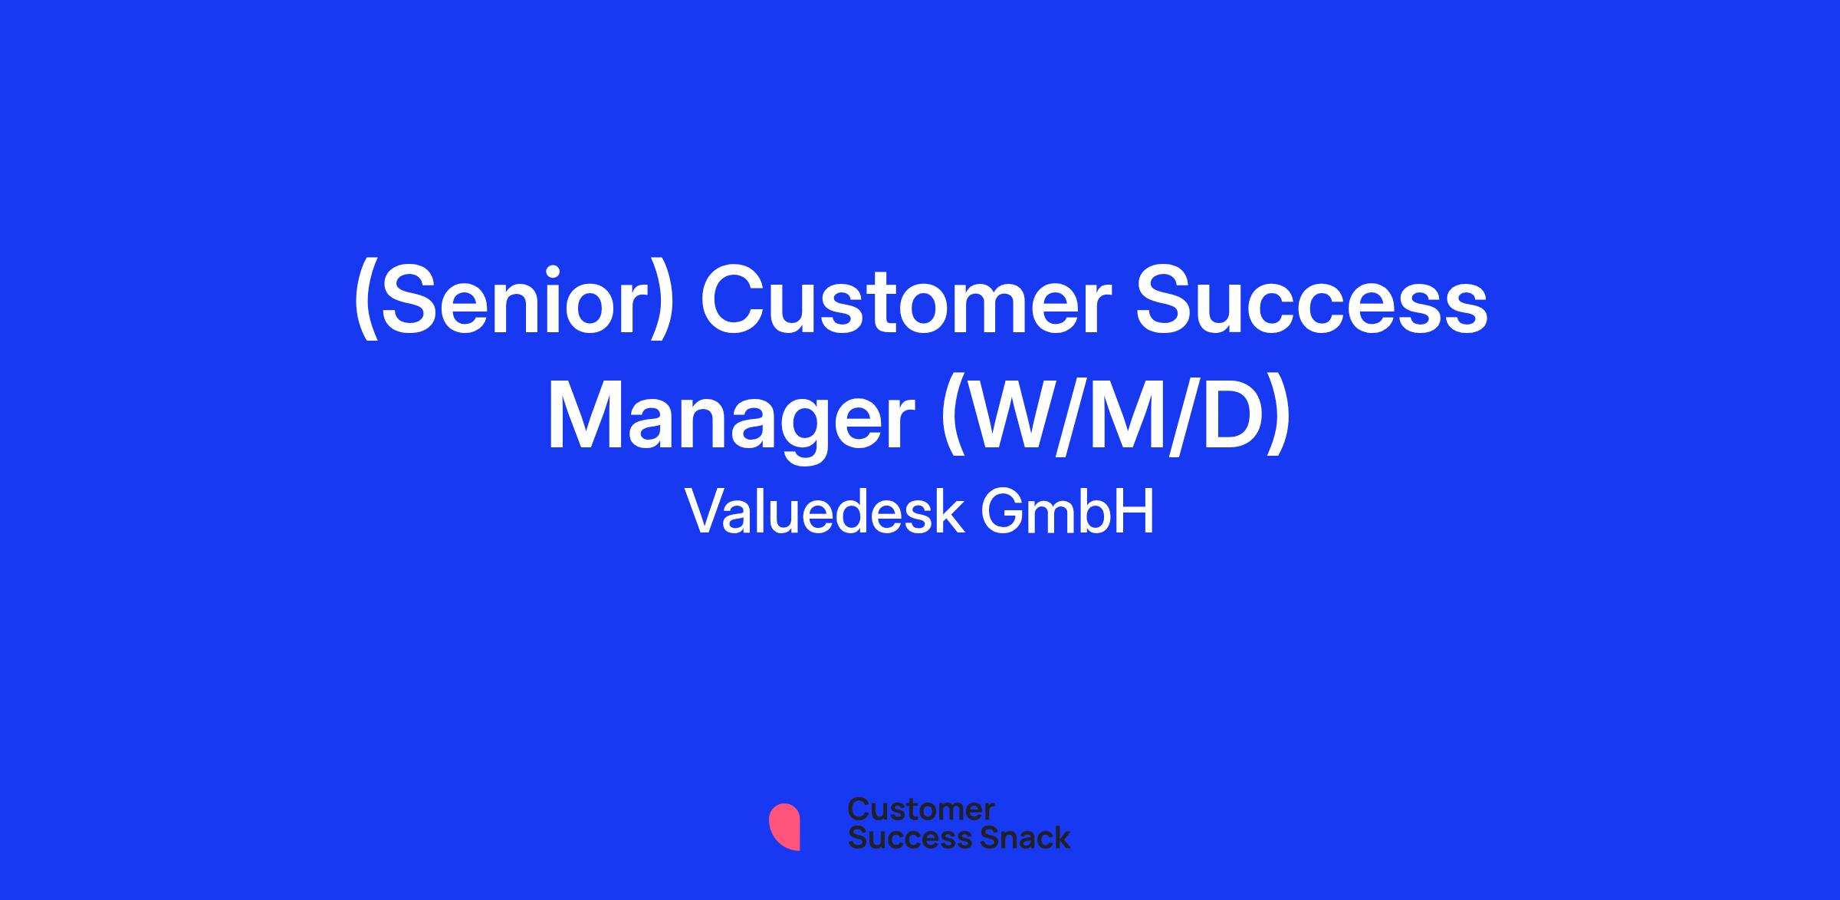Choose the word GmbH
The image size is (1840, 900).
(x=1067, y=512)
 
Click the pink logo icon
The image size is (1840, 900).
(x=784, y=826)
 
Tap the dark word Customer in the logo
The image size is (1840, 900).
(x=922, y=809)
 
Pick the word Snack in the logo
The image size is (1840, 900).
(x=1014, y=837)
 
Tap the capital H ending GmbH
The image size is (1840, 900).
(x=1135, y=512)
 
